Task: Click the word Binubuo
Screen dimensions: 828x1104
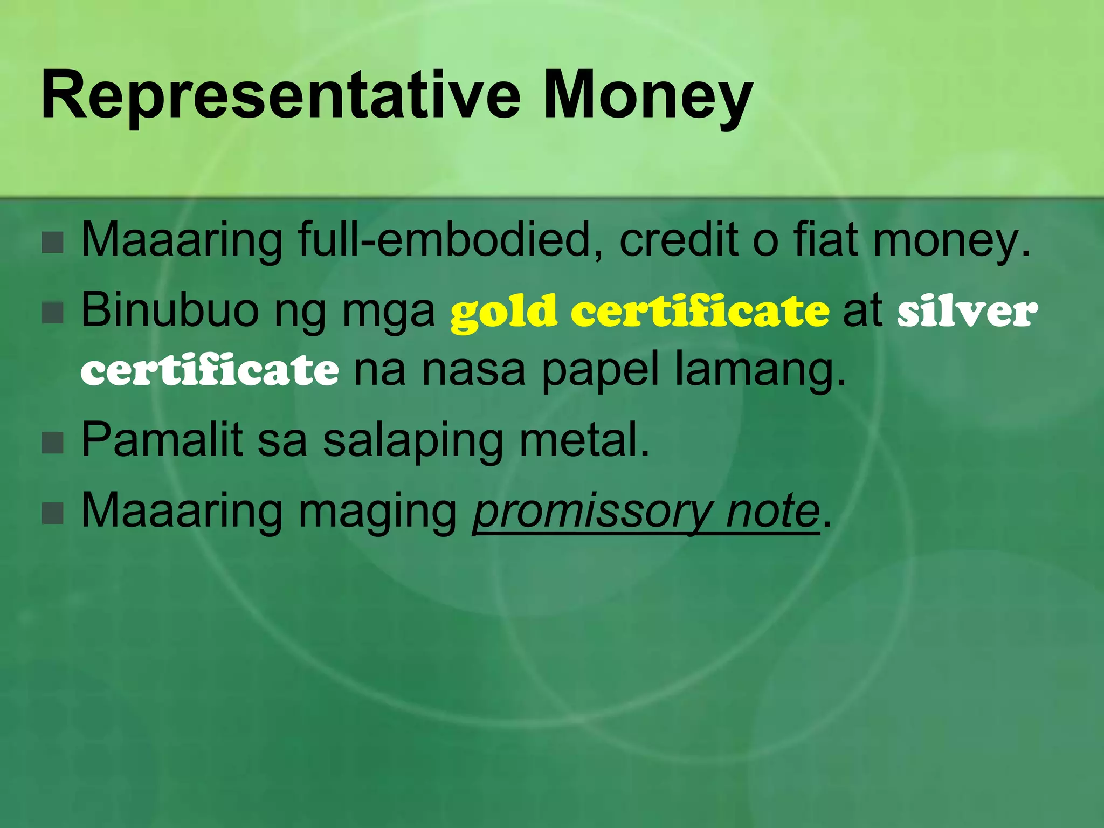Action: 170,310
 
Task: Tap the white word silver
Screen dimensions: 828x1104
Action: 968,313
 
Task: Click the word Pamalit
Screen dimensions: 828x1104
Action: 162,439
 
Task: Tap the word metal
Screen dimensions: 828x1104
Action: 585,439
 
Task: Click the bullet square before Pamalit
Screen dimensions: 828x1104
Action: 52,443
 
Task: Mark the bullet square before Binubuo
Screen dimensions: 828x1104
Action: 52,313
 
